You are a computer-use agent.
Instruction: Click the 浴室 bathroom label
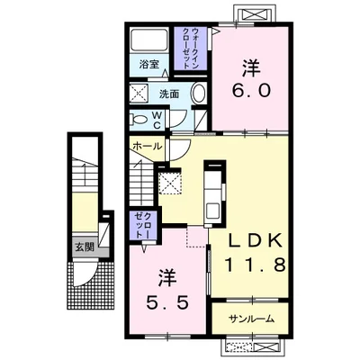point(148,65)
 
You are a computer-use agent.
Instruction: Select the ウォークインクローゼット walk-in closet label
point(191,48)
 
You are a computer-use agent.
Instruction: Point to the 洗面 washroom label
point(169,94)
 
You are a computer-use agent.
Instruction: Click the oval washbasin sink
point(198,94)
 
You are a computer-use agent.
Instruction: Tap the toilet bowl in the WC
point(139,121)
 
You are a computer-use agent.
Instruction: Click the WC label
point(157,121)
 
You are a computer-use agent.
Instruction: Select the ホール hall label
point(148,147)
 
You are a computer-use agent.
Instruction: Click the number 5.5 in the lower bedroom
point(167,302)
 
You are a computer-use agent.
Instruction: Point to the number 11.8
point(255,265)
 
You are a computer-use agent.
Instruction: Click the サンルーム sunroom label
point(251,319)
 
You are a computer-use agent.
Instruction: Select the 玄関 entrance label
point(85,247)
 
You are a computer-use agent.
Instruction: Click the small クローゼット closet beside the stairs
point(144,225)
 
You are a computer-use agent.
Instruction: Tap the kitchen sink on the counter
point(213,211)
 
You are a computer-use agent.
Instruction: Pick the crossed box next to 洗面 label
point(139,94)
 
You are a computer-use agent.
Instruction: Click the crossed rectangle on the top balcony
point(253,14)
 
